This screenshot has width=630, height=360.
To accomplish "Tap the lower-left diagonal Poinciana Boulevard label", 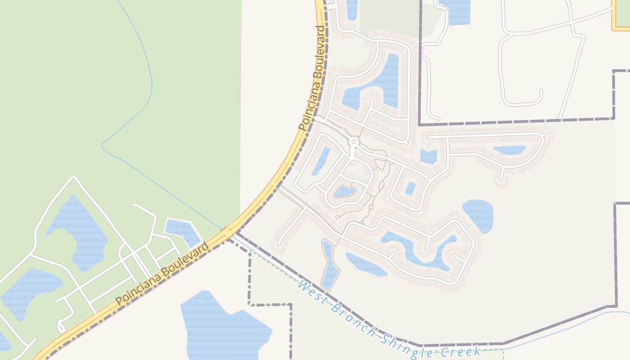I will (x=162, y=274).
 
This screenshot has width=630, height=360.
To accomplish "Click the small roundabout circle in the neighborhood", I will (x=354, y=142).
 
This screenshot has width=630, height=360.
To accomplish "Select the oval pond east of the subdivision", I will (x=478, y=215).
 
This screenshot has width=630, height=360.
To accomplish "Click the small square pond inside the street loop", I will (x=410, y=189).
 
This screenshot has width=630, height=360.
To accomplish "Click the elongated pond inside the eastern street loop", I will (x=509, y=150).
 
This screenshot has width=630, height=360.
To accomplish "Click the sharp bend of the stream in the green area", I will (x=103, y=145).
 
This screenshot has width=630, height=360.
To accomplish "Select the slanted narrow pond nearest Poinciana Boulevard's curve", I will (x=321, y=160).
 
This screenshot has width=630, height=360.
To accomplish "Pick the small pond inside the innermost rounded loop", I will (x=345, y=192).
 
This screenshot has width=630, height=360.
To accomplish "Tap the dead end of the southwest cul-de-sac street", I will (x=279, y=244).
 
